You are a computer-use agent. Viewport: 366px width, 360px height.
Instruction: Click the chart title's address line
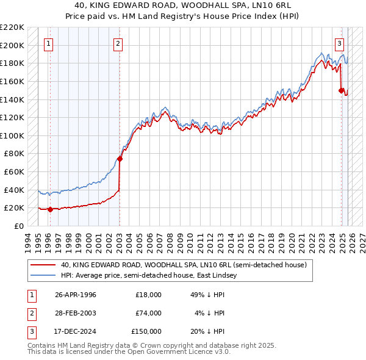point(182,5)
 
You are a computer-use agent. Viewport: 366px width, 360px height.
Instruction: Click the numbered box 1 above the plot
point(48,43)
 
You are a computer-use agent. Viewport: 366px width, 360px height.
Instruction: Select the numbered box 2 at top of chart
point(118,43)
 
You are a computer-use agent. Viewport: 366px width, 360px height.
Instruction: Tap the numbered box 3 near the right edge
point(339,43)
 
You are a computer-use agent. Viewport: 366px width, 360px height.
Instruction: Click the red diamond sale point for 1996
point(50,209)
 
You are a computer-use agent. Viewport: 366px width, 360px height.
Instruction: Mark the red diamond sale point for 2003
point(120,159)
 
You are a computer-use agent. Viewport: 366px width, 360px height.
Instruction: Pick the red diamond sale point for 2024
point(341,90)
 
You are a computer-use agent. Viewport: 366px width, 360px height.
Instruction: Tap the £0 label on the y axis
point(18,226)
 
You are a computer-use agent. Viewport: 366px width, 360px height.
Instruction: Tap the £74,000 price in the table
point(148,313)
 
